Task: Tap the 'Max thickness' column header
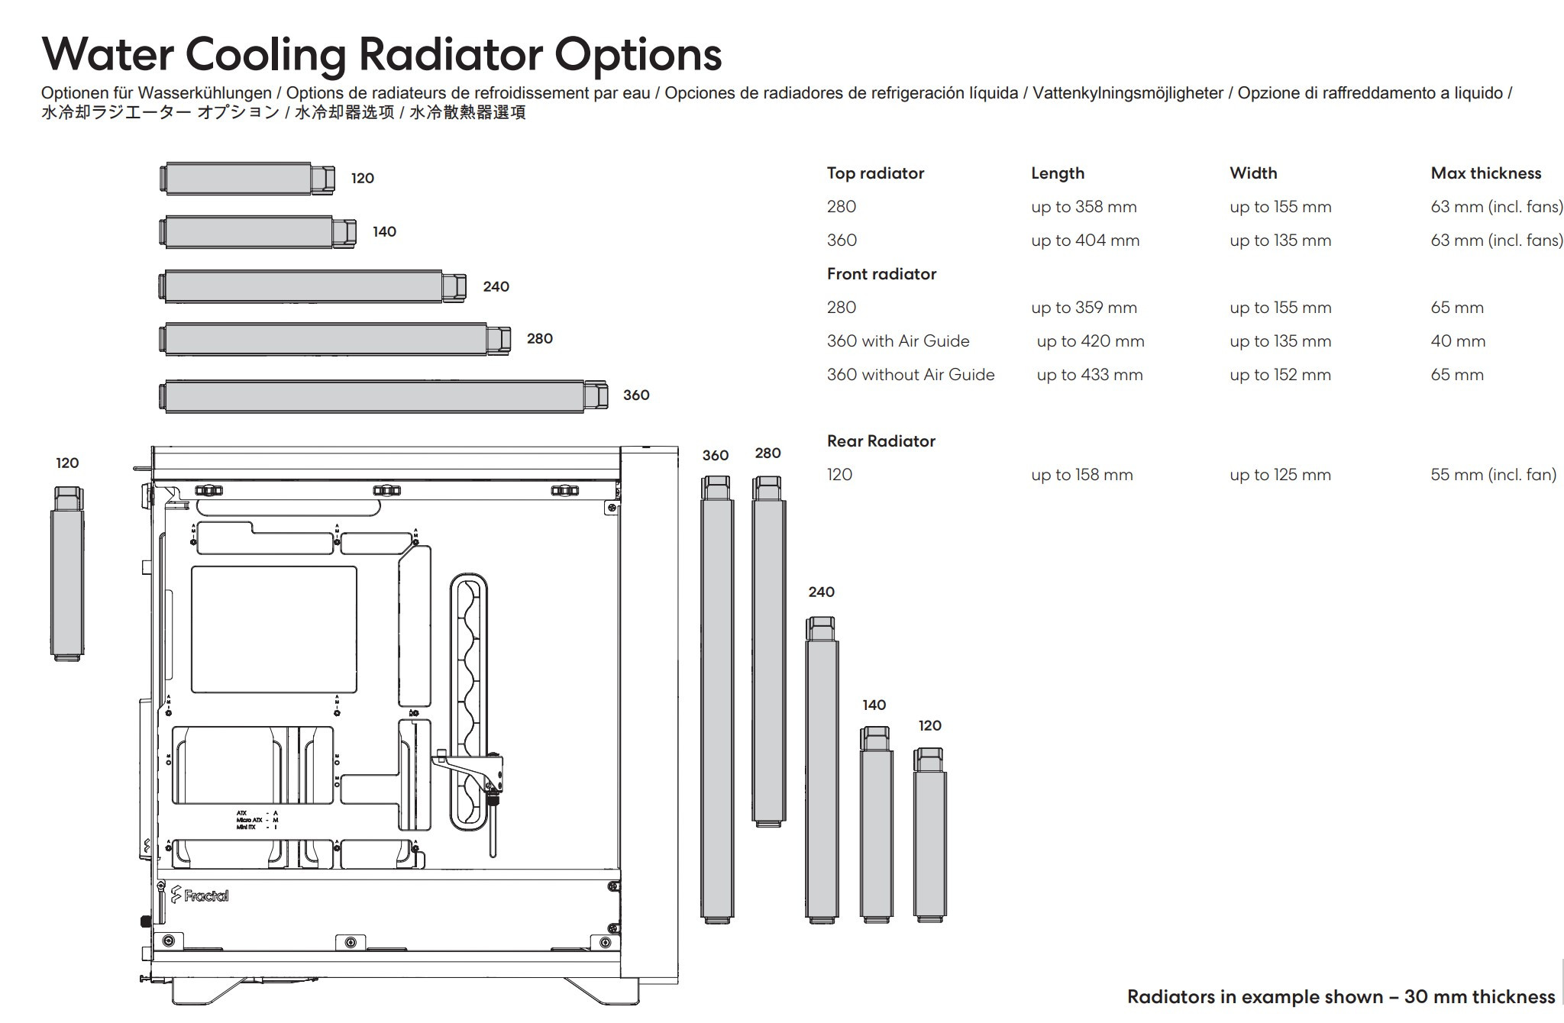pos(1485,173)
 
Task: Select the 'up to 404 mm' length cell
pos(1085,240)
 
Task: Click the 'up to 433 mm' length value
pos(1090,375)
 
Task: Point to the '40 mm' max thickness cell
pos(1458,341)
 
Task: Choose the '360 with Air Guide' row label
pos(898,341)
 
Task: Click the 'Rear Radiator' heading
pos(881,441)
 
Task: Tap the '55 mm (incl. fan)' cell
pos(1493,475)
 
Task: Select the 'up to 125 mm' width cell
pos(1280,475)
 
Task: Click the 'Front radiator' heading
pos(881,274)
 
